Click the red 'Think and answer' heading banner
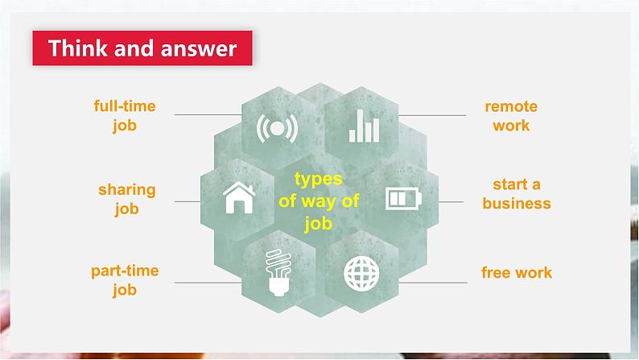[142, 48]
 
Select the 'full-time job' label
[125, 116]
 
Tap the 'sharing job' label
[126, 200]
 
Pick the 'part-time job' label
[125, 280]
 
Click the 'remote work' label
[511, 116]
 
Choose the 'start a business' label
[517, 193]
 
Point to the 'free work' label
[517, 272]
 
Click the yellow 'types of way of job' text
[319, 201]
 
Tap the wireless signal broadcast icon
[277, 128]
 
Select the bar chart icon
[364, 126]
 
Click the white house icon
[239, 198]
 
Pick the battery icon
[403, 199]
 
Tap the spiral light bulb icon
[278, 272]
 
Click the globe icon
[361, 274]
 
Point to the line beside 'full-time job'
[208, 115]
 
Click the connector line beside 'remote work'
[432, 116]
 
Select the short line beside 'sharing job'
[188, 201]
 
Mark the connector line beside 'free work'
[433, 283]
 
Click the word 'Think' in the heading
[79, 48]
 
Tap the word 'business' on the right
[517, 203]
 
